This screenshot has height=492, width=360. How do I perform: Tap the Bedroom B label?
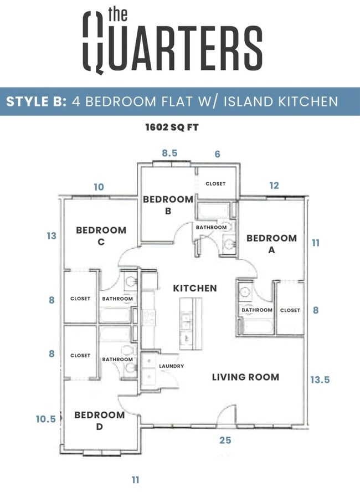[x=168, y=204]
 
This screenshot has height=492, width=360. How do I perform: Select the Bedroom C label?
[x=101, y=235]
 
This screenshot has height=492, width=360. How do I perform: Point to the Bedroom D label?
[x=99, y=421]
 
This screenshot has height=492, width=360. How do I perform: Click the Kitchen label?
[x=195, y=288]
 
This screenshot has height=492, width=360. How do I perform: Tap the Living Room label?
[x=245, y=377]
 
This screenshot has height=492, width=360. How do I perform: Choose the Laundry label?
[x=171, y=366]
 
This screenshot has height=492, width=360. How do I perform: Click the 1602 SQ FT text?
[x=172, y=127]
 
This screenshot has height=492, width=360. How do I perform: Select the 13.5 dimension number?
[x=320, y=380]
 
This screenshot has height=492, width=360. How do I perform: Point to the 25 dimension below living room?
[x=225, y=440]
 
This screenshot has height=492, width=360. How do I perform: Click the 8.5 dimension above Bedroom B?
[x=169, y=153]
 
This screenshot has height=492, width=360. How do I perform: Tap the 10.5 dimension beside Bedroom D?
[x=47, y=419]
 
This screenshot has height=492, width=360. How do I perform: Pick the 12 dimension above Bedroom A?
[x=274, y=186]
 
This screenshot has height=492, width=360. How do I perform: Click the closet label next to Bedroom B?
[x=215, y=183]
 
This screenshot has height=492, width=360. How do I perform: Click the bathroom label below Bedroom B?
[x=211, y=227]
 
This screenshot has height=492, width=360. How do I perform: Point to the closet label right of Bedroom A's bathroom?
[x=290, y=310]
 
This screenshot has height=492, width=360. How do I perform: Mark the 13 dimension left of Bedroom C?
[x=52, y=236]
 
